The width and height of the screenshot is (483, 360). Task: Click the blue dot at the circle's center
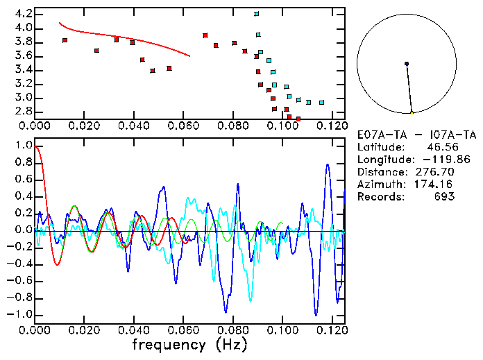point(406,64)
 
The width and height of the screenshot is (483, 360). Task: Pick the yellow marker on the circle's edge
point(412,112)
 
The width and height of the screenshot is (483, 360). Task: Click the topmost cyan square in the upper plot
point(257,14)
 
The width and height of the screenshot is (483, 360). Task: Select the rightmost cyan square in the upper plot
point(321,103)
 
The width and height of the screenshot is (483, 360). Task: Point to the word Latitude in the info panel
point(379,147)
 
